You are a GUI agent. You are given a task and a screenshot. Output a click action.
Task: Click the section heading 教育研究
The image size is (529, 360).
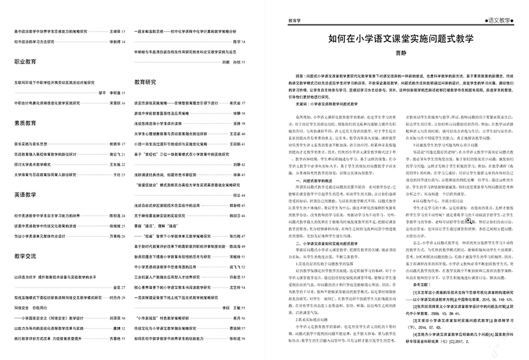click(x=145, y=82)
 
